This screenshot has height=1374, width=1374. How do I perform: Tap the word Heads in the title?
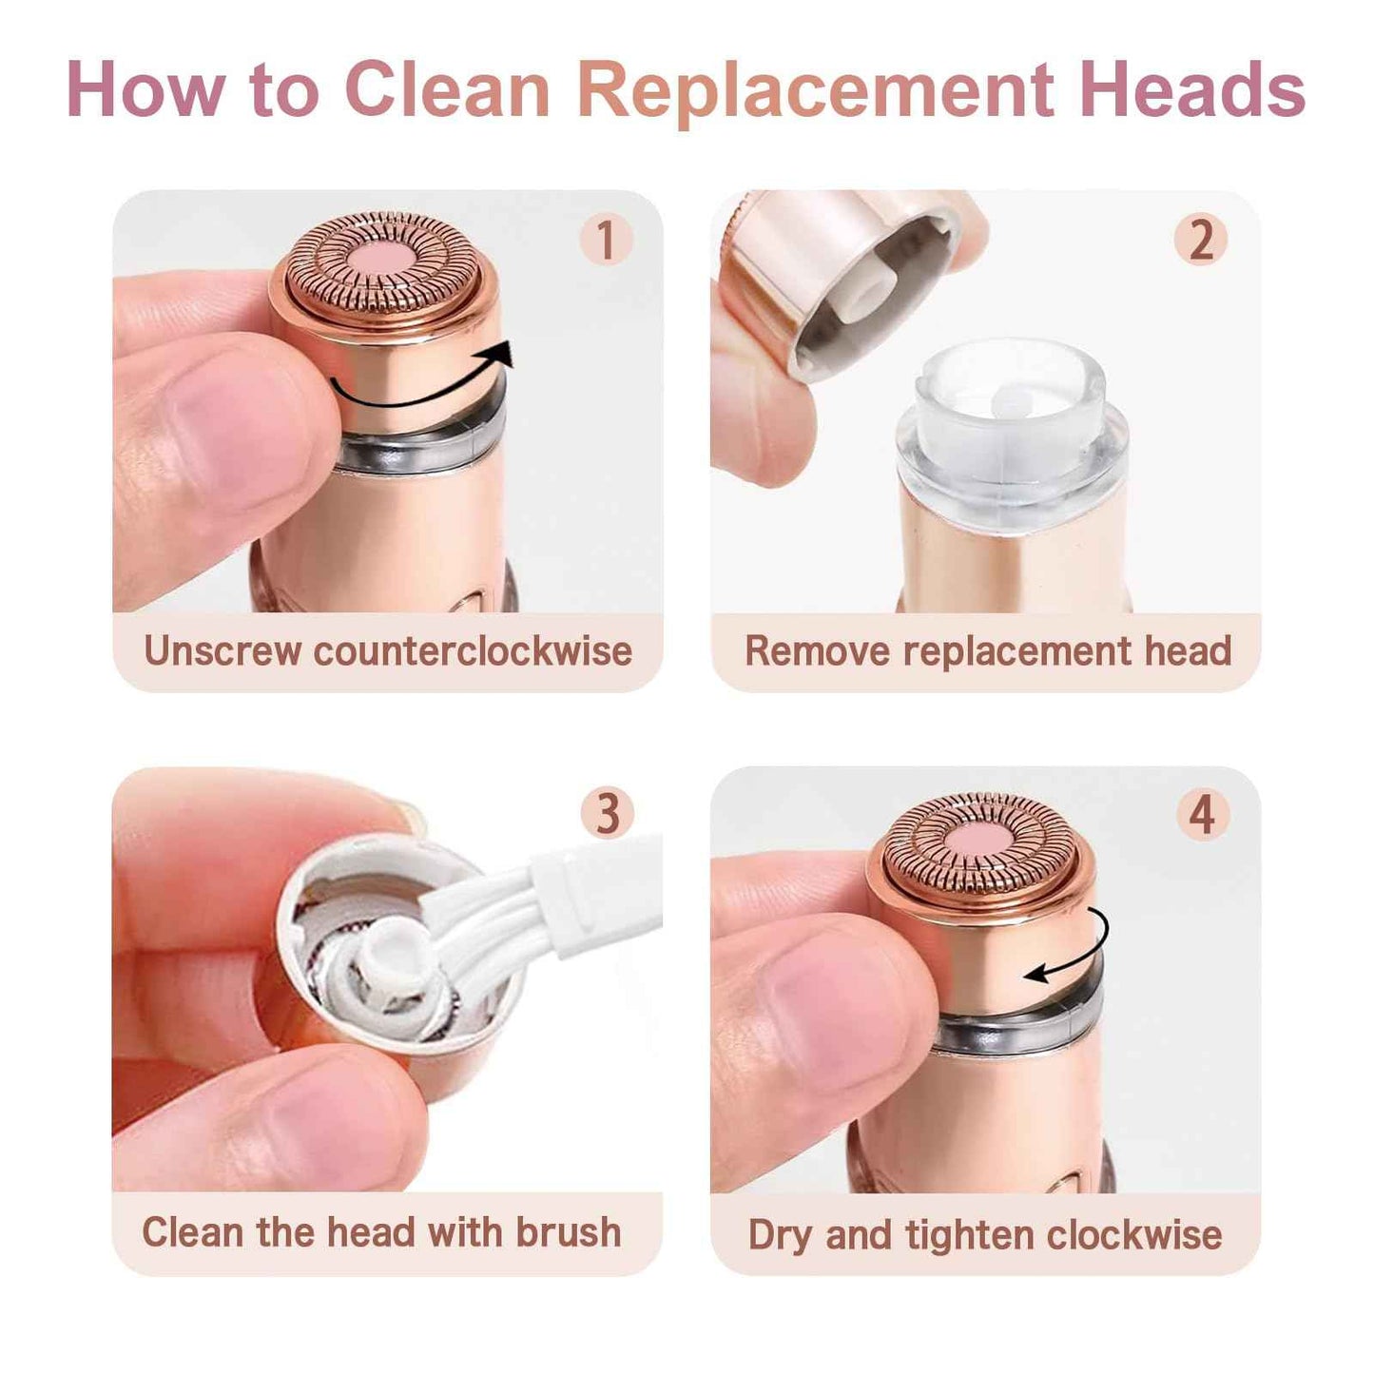[x=1191, y=90]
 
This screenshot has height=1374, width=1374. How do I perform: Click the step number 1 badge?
[x=606, y=239]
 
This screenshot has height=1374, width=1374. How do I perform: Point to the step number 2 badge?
[x=1201, y=239]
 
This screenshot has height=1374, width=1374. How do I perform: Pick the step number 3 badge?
[x=607, y=814]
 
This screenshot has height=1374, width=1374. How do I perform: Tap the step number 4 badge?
[x=1202, y=815]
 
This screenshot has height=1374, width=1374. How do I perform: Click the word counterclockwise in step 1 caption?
[x=473, y=651]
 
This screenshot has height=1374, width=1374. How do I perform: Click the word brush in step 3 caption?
[x=569, y=1232]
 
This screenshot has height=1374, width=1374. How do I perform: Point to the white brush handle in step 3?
[x=599, y=889]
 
